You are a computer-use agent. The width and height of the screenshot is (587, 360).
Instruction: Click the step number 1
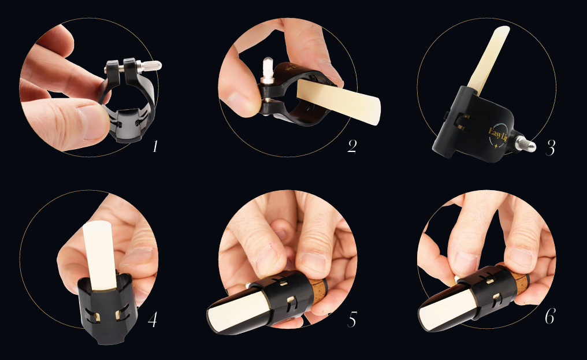(x=155, y=146)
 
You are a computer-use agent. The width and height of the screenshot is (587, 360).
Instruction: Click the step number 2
(x=352, y=146)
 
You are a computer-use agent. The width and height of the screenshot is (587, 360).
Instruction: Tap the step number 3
(x=550, y=147)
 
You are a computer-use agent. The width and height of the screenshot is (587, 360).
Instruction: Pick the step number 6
(x=549, y=317)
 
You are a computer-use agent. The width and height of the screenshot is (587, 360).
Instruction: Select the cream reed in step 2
(x=339, y=102)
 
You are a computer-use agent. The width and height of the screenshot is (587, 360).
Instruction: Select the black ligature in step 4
(x=107, y=309)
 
